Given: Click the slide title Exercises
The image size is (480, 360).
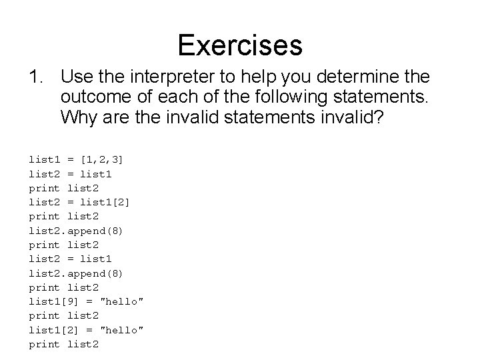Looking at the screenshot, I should [x=240, y=45].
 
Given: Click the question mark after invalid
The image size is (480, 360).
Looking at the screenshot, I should [x=385, y=118].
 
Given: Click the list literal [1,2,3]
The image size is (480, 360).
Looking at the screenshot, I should [x=101, y=159].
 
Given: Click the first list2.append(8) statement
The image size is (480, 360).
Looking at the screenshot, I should [x=75, y=230].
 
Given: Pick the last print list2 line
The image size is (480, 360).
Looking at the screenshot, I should [x=64, y=344].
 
